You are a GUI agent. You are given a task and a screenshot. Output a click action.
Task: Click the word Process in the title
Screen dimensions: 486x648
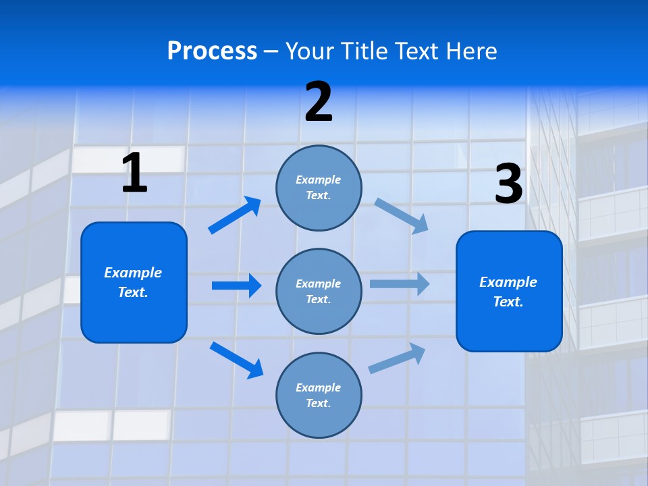212,51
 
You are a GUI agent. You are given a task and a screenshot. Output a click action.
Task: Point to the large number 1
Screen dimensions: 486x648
134,173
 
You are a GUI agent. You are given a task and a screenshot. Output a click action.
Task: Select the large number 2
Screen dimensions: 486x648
319,102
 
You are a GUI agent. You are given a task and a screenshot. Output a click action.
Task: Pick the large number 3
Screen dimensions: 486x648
508,184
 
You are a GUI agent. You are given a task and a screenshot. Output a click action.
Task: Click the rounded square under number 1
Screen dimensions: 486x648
134,283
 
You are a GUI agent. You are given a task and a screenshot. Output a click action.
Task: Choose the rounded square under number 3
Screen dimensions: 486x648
509,292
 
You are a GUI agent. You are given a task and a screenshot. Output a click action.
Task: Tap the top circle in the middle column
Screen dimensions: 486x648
319,188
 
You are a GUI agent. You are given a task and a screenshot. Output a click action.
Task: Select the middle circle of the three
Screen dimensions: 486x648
319,291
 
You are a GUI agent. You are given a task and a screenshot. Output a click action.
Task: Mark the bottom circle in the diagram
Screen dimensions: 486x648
319,395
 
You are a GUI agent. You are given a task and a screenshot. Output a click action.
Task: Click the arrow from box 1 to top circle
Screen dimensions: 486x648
234,215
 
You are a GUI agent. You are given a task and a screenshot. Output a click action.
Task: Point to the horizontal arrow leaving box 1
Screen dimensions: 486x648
236,286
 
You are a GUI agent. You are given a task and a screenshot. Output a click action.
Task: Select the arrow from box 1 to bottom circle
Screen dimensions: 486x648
236,360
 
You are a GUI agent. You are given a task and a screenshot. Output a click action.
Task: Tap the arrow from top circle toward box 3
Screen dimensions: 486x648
401,215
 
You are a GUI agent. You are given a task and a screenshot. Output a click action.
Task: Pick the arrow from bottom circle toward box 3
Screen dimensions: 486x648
397,358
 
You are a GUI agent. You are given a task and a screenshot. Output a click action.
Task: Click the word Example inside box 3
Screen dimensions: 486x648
508,282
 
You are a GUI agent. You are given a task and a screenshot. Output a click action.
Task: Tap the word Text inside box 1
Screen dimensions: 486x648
133,292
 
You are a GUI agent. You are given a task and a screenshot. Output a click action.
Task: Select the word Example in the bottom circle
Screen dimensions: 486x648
319,387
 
